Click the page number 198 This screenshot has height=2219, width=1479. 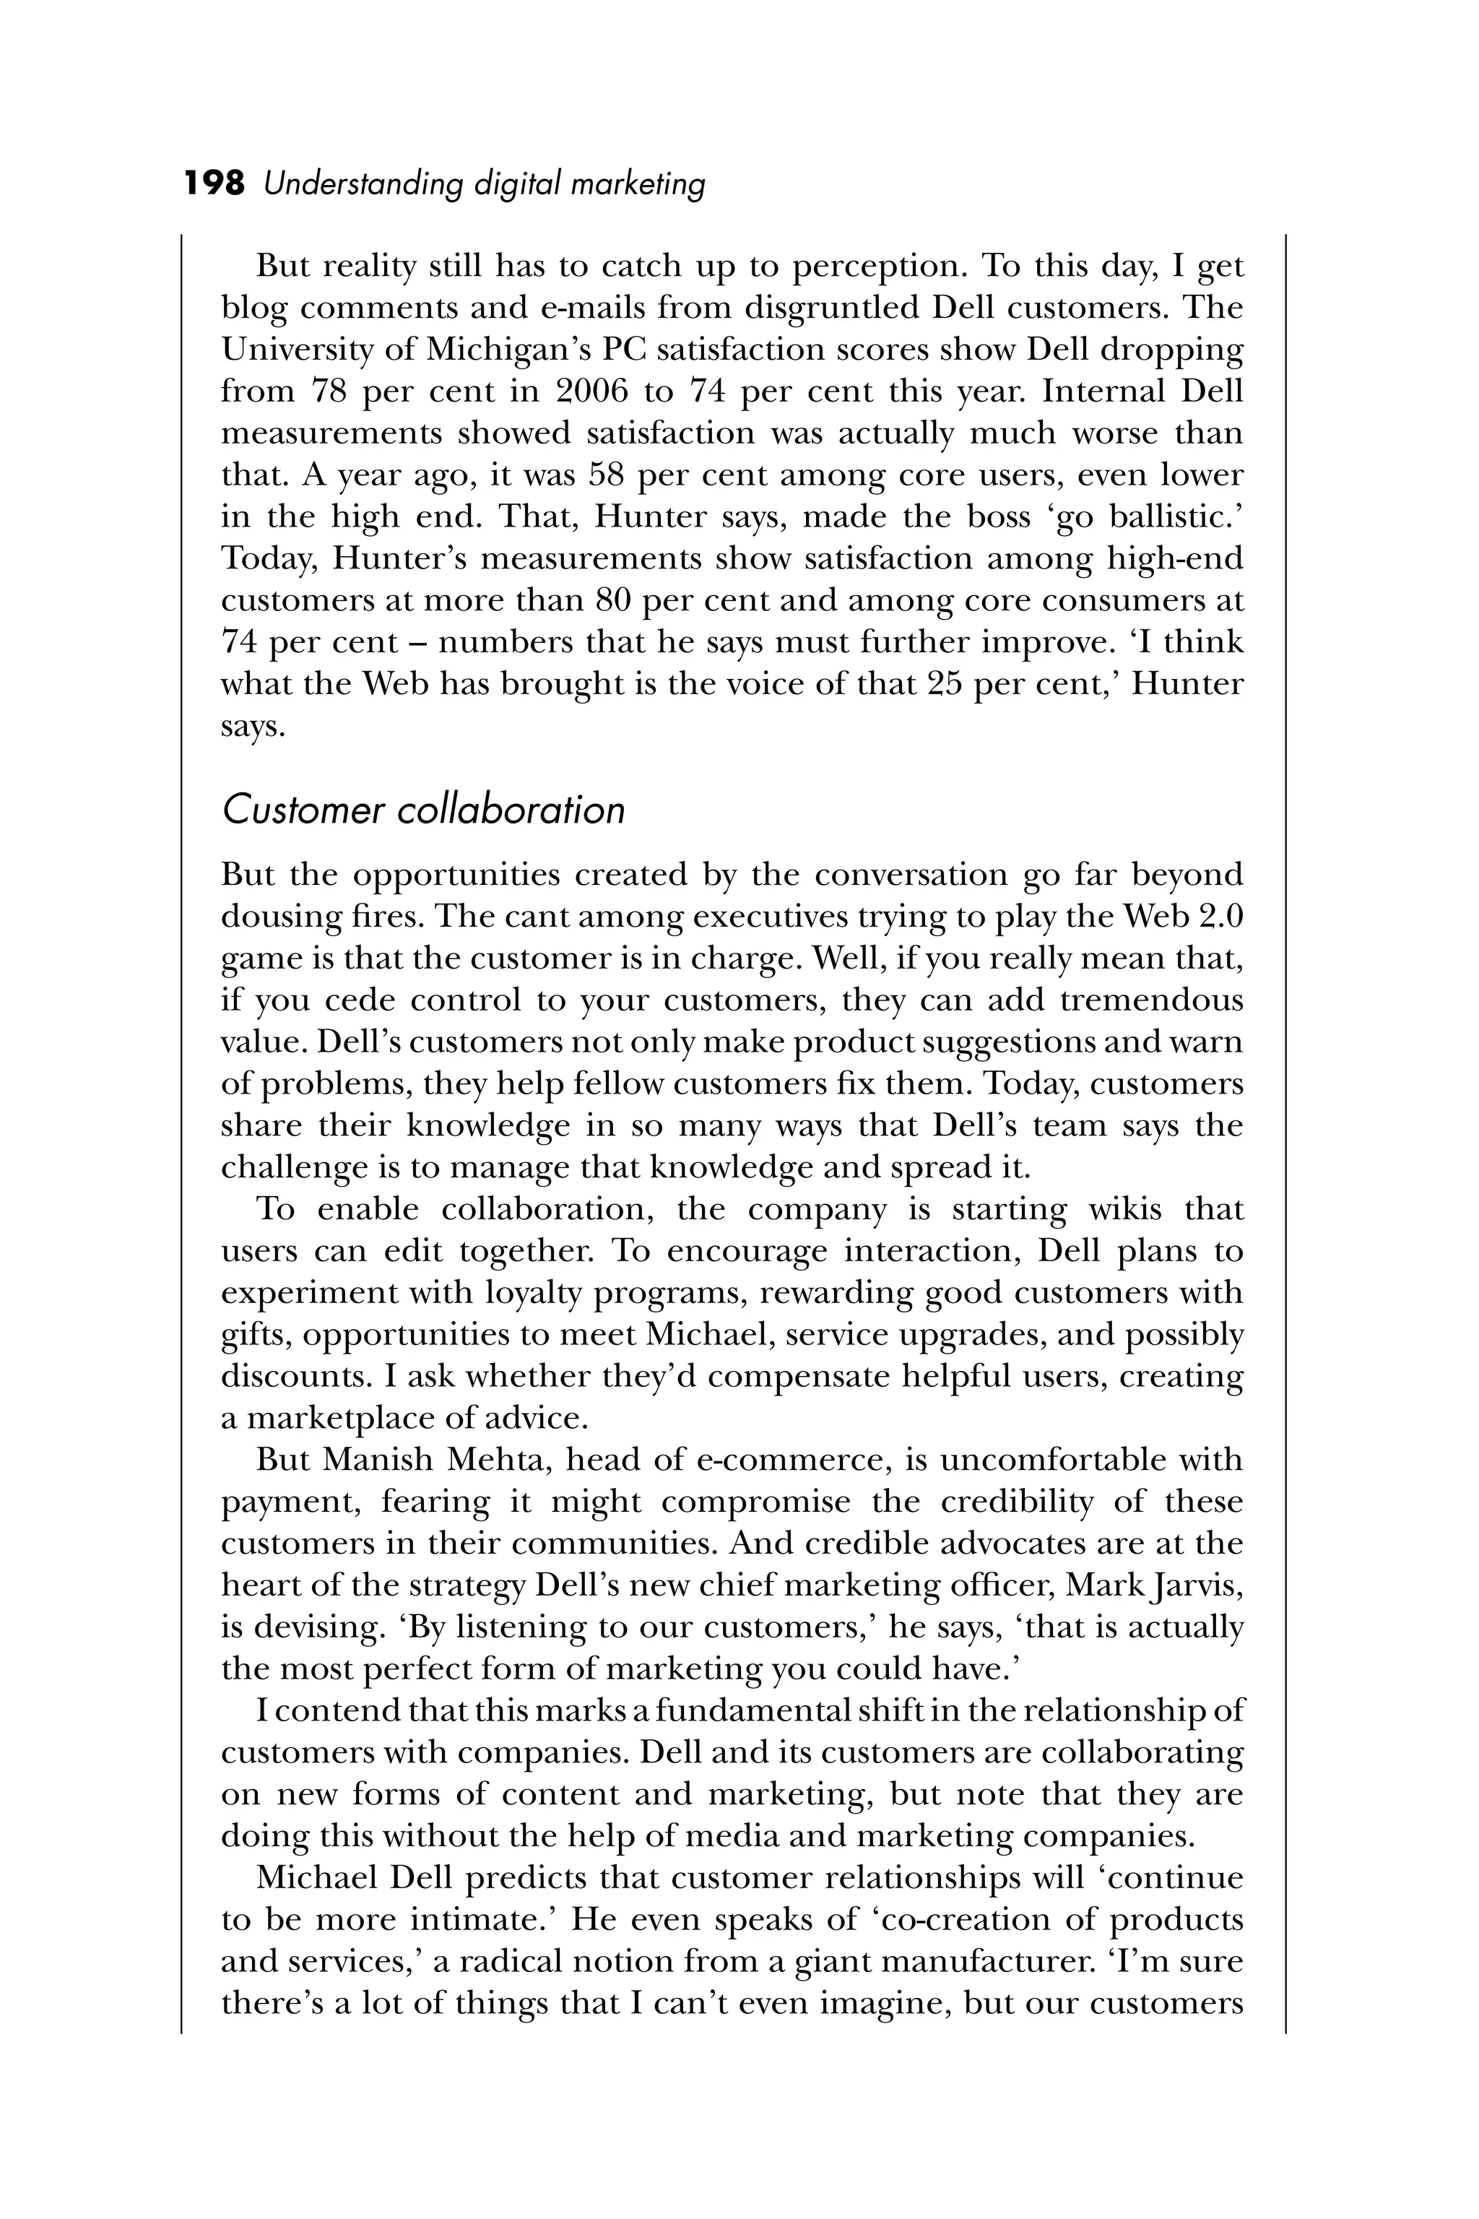click(214, 182)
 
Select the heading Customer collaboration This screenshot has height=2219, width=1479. click(422, 810)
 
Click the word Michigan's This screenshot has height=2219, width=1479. click(502, 349)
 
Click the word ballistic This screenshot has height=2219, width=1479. click(1174, 516)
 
